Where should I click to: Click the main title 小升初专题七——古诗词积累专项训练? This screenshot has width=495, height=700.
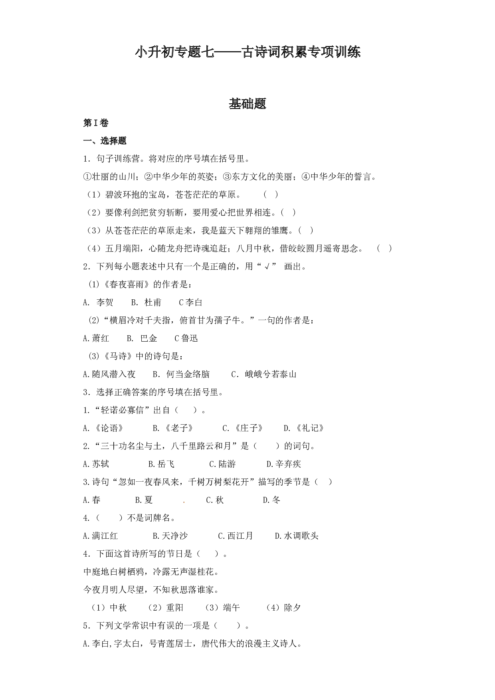coord(247,52)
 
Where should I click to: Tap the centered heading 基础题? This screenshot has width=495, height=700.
coord(247,104)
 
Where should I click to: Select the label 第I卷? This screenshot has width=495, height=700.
coord(96,123)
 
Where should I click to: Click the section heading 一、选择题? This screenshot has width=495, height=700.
coord(105,141)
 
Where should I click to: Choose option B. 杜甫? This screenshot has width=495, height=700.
coord(146,303)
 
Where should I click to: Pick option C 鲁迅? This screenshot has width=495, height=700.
coord(186,338)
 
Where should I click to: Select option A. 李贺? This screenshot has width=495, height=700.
coord(98,303)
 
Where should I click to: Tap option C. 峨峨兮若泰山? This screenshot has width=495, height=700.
coord(264,374)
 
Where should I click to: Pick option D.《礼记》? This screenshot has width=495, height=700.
coord(304,428)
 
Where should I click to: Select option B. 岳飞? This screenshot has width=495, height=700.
coord(161,464)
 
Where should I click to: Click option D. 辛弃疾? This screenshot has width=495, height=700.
coord(284,464)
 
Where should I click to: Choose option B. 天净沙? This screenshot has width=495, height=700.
coord(170,536)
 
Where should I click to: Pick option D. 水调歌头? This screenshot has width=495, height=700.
coord(297,536)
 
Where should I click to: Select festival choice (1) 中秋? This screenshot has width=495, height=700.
coord(107,608)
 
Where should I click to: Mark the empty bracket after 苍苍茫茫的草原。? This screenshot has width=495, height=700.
coord(271,195)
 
